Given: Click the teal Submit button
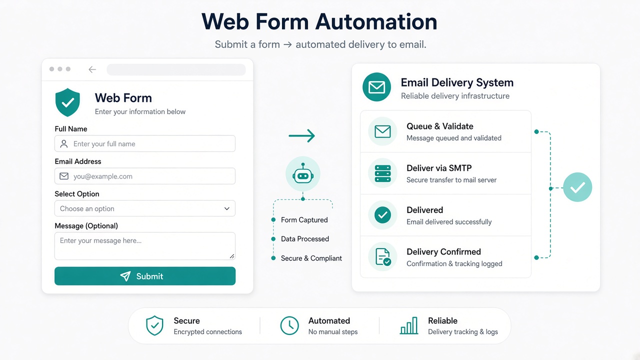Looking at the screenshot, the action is click(x=145, y=276).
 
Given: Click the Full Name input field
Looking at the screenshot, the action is click(x=145, y=143).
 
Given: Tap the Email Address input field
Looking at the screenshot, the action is click(x=145, y=176).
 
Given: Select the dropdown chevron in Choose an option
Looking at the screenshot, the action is click(x=227, y=208).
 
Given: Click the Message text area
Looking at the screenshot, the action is click(x=145, y=246).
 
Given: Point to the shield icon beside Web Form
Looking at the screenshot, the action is click(x=67, y=102).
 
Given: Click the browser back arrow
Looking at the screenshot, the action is click(x=92, y=69).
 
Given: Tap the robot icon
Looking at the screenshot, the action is click(x=303, y=173).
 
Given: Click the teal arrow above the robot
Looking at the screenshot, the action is click(x=301, y=135).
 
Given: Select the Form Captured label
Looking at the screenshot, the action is click(x=304, y=219).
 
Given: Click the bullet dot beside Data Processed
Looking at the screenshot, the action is click(x=273, y=239).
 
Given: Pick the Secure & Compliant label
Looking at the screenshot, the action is click(x=311, y=258).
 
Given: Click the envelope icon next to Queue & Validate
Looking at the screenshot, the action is click(x=382, y=131).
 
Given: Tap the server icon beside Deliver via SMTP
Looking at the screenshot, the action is click(x=382, y=173).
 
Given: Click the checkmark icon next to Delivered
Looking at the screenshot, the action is click(x=382, y=215).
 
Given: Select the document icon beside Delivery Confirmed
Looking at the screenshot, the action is click(x=382, y=256).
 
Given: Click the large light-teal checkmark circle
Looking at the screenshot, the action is click(x=577, y=187).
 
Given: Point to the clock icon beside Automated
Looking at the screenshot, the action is click(x=289, y=325).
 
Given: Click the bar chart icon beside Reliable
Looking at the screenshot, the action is click(x=409, y=325).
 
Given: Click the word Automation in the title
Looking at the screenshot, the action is click(x=376, y=21).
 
